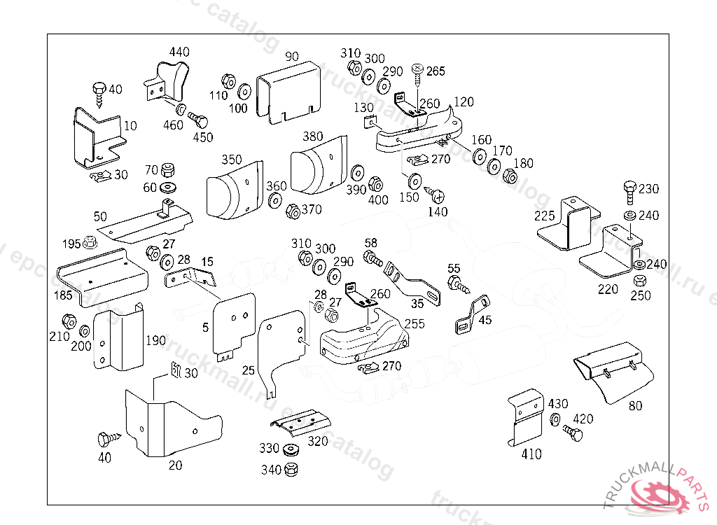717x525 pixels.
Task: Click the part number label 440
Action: (x=179, y=52)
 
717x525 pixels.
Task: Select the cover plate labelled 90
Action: (x=288, y=93)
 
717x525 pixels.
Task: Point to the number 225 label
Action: (x=545, y=216)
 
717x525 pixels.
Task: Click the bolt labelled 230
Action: (x=629, y=190)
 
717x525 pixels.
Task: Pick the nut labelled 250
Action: (x=639, y=281)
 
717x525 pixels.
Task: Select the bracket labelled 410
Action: (x=525, y=418)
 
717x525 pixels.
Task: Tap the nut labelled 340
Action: (x=292, y=469)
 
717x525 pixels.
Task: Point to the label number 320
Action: (x=318, y=442)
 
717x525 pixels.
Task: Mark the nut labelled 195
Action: (x=90, y=244)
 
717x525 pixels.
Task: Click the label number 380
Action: (x=312, y=136)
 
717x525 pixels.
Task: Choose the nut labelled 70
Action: (x=167, y=171)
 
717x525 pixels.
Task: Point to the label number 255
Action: (x=415, y=324)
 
